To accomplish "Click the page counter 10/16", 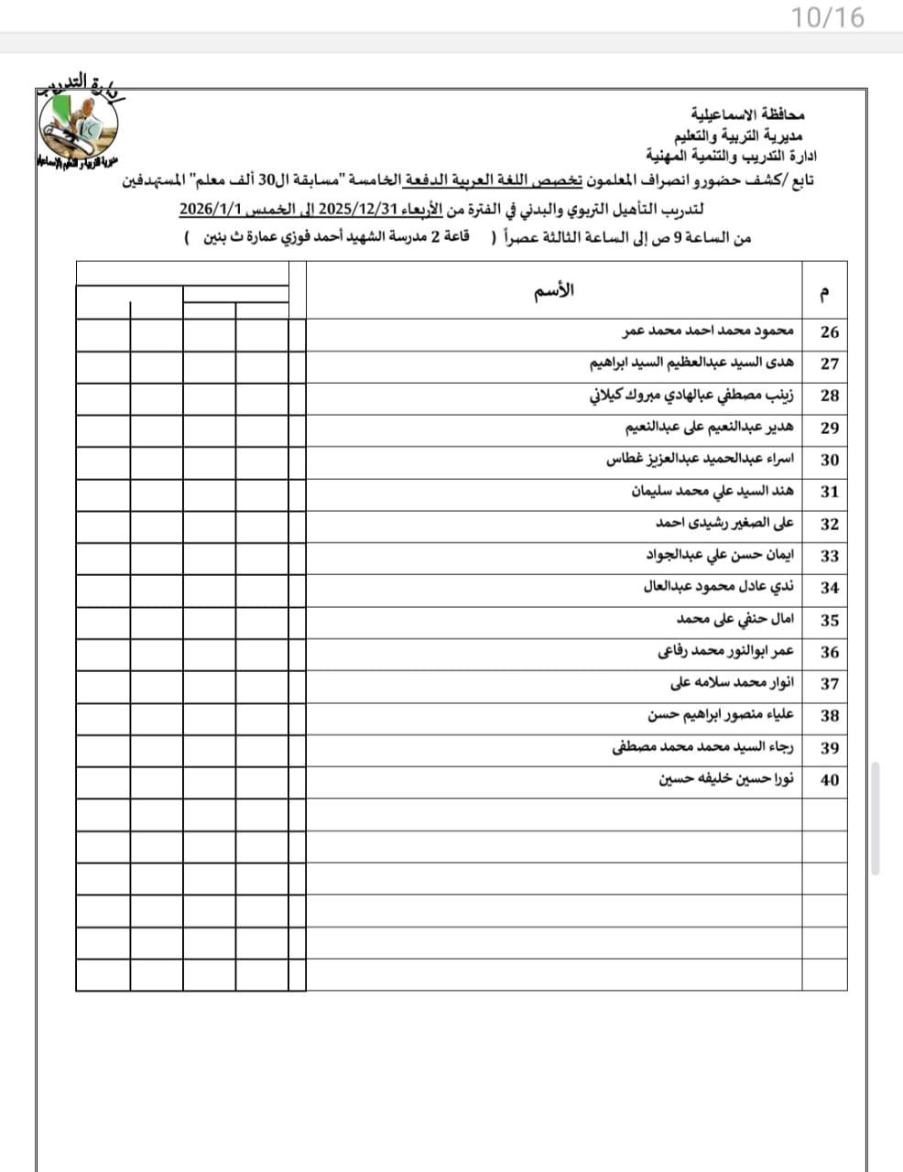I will point(828,17).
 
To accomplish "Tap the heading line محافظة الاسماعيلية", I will point(746,117).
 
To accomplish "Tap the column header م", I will point(825,294).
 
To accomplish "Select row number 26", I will point(829,332).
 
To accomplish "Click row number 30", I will point(829,461).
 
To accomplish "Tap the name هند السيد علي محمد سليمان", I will point(713,492).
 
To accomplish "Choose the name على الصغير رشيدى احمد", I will point(724,524).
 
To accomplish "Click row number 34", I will point(829,588).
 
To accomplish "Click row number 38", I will point(829,716).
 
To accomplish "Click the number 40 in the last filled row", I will point(829,780).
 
